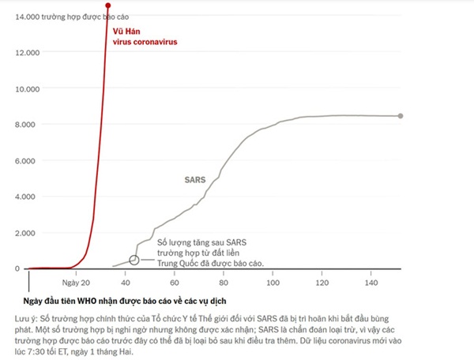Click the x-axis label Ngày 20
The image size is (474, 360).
[77, 281]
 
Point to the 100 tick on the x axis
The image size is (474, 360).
[273, 281]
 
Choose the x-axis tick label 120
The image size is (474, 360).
[322, 281]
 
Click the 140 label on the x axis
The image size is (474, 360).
[371, 281]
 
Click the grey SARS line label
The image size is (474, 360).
[194, 180]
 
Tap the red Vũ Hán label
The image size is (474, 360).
[130, 32]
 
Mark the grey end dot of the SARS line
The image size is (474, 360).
[401, 116]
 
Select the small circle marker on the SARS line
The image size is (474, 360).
[134, 260]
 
